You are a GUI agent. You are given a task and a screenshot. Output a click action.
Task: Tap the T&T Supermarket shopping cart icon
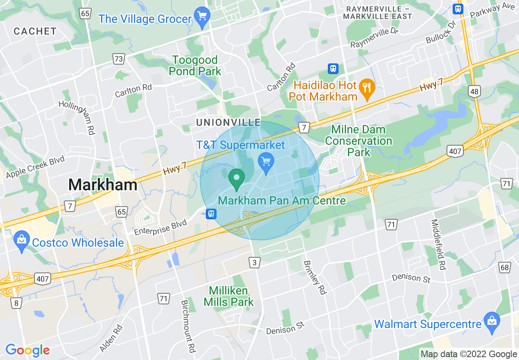266,162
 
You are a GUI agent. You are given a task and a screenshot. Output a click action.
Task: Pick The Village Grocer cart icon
202,17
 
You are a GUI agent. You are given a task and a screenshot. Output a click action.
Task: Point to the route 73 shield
119,59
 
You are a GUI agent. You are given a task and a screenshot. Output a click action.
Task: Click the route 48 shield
474,92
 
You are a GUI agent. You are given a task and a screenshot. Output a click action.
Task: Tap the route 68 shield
505,268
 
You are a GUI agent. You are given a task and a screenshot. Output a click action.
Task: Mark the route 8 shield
16,303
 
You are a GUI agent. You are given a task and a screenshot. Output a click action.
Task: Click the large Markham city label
103,185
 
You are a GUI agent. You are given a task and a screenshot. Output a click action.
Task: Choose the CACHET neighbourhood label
35,31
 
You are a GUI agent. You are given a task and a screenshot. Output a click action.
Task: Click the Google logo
27,351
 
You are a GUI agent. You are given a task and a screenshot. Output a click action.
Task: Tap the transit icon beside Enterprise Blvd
211,214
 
